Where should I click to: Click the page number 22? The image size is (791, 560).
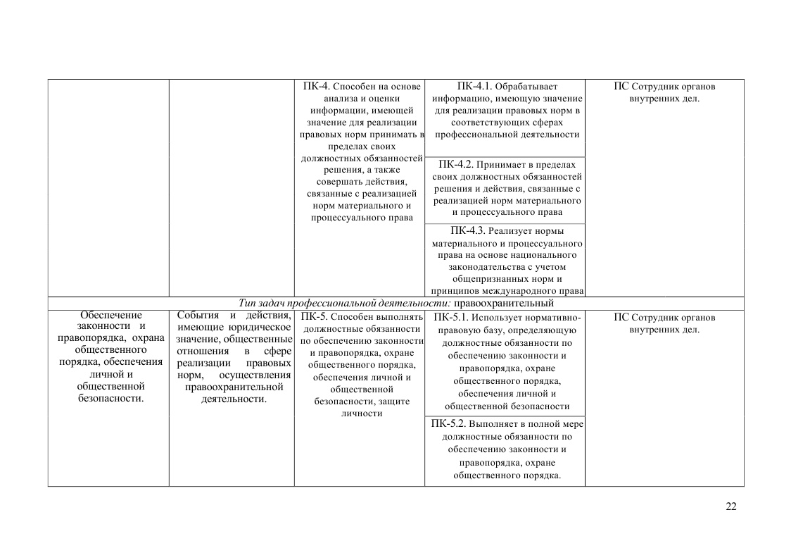[x=730, y=506]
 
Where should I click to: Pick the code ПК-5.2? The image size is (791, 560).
[x=448, y=424]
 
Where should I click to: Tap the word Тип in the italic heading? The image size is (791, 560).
[x=247, y=304]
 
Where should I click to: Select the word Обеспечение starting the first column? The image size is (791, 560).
[x=110, y=316]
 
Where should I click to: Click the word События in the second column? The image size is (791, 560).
[x=198, y=316]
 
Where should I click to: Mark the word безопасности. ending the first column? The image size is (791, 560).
[x=110, y=399]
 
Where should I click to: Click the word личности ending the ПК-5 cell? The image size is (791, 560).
[x=361, y=413]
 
